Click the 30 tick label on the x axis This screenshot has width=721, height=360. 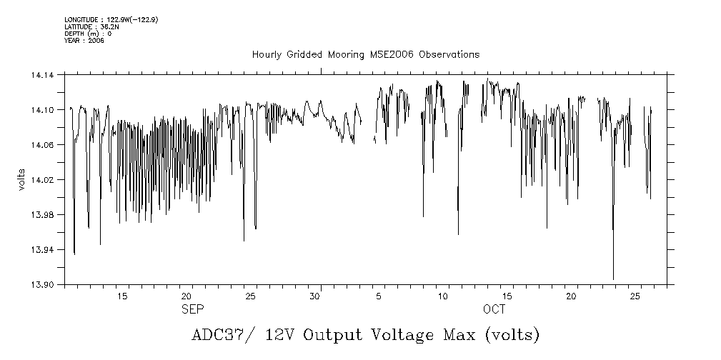click(314, 296)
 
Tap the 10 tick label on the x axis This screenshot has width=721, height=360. click(444, 296)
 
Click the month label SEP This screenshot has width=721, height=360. click(191, 309)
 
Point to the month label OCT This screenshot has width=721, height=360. click(494, 309)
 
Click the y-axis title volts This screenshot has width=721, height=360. click(22, 179)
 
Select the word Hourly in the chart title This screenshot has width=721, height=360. click(266, 55)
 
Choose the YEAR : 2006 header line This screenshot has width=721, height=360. click(84, 41)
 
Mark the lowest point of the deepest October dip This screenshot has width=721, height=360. click(613, 279)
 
